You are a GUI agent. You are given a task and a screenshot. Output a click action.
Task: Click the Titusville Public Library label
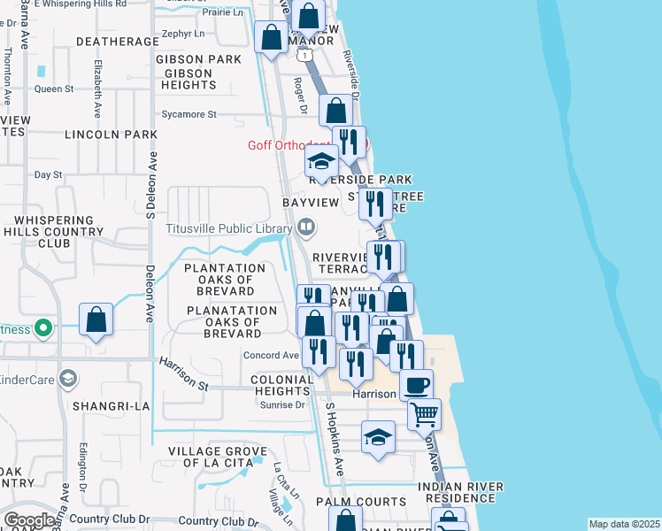229,227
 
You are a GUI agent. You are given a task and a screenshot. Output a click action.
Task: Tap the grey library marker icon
305,227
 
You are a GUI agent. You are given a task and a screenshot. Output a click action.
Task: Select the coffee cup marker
416,385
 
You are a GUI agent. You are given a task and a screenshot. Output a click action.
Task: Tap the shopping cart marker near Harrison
425,412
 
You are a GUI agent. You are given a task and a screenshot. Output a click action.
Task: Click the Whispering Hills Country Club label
54,231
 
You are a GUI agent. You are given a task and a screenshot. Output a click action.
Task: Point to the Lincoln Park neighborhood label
111,135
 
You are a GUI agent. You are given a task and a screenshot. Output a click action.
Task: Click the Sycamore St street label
189,114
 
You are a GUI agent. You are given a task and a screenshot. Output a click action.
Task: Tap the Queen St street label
54,88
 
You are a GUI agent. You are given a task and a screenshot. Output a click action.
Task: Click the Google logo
30,520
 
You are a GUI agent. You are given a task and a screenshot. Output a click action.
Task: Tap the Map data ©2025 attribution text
624,524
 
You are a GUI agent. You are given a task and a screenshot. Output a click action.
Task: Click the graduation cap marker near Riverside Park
321,162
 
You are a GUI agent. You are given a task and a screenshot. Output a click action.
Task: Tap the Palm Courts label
361,502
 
